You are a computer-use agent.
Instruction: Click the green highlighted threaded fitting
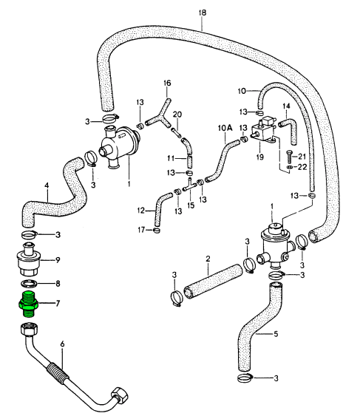[x=28, y=304]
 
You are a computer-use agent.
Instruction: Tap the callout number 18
[x=203, y=13]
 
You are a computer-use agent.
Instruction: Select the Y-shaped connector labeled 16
[x=159, y=117]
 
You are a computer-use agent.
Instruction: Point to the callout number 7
[x=58, y=303]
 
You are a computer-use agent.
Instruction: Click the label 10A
[x=225, y=128]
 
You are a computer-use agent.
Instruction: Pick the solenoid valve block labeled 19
[x=263, y=130]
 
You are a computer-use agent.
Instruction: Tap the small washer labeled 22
[x=290, y=167]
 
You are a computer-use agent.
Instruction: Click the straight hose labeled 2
[x=214, y=281]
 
